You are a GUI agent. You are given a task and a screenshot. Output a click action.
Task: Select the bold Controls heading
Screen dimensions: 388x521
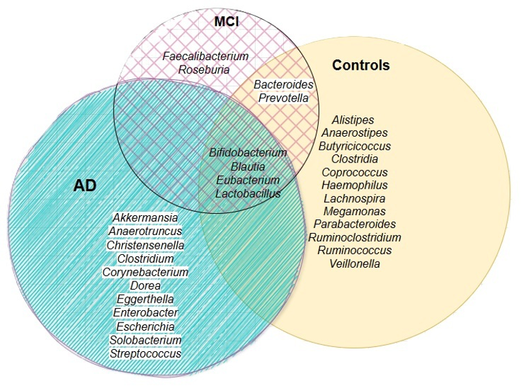(x=360, y=66)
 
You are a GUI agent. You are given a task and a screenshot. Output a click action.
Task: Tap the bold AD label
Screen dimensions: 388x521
(x=85, y=186)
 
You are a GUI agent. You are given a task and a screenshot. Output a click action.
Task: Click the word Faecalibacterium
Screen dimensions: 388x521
(x=205, y=56)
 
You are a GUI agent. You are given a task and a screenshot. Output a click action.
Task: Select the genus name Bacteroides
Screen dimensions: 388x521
(x=283, y=85)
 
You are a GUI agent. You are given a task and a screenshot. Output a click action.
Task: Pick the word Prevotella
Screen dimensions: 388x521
(x=283, y=98)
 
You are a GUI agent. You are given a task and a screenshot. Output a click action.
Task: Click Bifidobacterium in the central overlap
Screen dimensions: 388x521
(x=248, y=152)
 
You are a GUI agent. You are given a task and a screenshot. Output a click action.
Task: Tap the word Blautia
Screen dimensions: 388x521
(x=248, y=166)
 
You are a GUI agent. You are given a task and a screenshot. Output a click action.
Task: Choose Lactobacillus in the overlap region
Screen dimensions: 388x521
(x=248, y=193)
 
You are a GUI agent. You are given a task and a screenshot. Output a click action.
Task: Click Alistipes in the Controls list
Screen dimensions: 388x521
(x=353, y=120)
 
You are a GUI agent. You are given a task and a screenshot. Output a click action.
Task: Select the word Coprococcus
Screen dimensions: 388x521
(x=354, y=172)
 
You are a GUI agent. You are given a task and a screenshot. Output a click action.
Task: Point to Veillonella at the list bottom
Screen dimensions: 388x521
(x=354, y=264)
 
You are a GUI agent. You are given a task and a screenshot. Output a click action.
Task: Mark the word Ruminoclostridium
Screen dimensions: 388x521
(x=354, y=238)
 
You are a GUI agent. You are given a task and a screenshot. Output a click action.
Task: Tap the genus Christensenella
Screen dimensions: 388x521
(x=145, y=245)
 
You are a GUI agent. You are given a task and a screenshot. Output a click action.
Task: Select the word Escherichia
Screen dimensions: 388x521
(x=145, y=327)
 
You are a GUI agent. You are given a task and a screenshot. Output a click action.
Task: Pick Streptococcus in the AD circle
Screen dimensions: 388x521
(x=145, y=353)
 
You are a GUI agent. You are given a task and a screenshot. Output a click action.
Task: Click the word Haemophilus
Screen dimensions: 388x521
(x=354, y=185)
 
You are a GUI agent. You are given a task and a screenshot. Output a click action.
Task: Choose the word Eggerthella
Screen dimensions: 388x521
(x=145, y=299)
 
